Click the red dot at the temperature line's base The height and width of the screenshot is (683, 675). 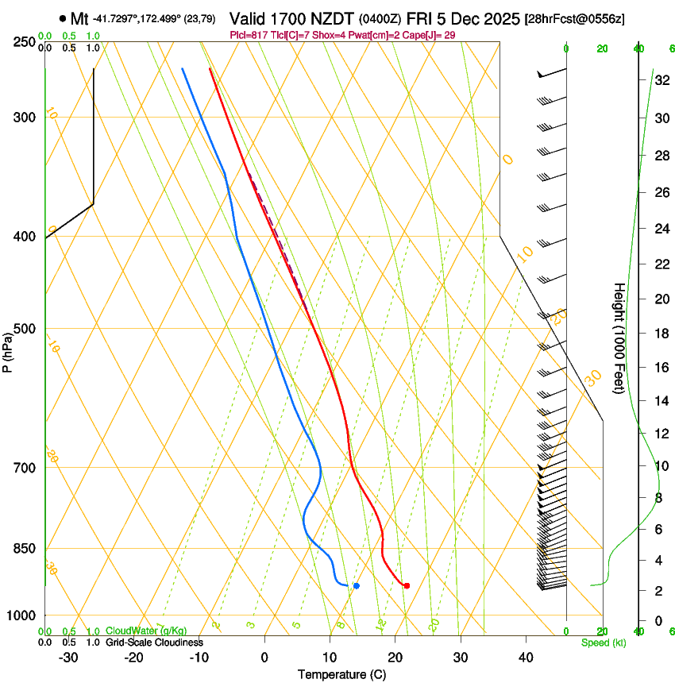tap(407, 585)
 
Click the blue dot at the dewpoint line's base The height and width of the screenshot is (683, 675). tap(356, 585)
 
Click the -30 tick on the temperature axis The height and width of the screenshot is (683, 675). tap(68, 658)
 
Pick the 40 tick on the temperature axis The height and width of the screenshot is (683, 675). tap(526, 658)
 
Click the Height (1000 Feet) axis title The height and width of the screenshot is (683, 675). tap(620, 338)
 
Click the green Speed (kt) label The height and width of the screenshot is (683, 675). tap(603, 642)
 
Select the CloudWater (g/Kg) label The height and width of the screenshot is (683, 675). tap(146, 631)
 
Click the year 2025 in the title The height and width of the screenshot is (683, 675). tap(498, 18)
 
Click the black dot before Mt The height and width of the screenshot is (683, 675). tap(62, 17)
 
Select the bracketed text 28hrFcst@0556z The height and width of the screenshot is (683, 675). tap(574, 19)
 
